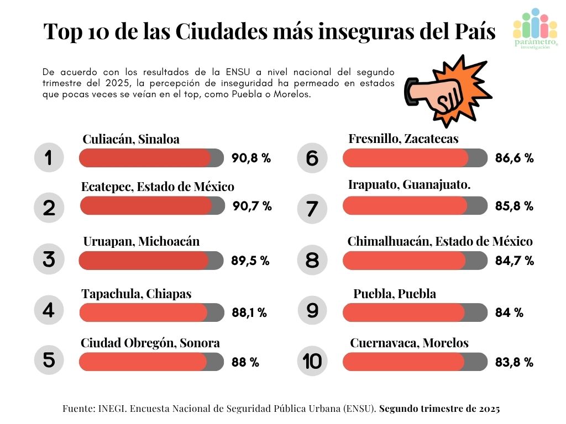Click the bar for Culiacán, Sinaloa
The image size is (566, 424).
pyautogui.click(x=151, y=158)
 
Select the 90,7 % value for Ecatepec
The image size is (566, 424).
pyautogui.click(x=251, y=206)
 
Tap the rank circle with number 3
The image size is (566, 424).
pyautogui.click(x=49, y=259)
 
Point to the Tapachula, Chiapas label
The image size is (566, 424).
pyautogui.click(x=137, y=294)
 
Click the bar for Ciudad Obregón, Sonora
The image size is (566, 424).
pyautogui.click(x=151, y=362)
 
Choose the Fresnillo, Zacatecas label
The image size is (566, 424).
pyautogui.click(x=403, y=139)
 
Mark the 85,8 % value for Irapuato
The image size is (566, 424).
pyautogui.click(x=514, y=206)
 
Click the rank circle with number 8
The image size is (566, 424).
pyautogui.click(x=312, y=259)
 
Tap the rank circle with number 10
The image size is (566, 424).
pyautogui.click(x=312, y=362)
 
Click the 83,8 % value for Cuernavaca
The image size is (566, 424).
pyautogui.click(x=514, y=363)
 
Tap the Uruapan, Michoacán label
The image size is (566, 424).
pyautogui.click(x=141, y=241)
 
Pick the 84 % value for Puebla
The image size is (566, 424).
pyautogui.click(x=509, y=312)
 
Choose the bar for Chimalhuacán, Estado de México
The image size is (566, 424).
pyautogui.click(x=415, y=261)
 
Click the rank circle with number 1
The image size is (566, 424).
pyautogui.click(x=49, y=158)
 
